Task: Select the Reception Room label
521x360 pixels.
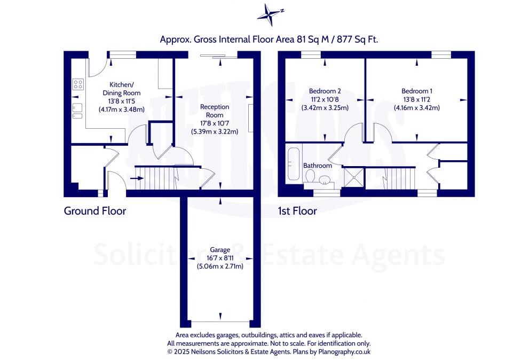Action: pyautogui.click(x=215, y=111)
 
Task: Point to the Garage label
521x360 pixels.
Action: pyautogui.click(x=219, y=249)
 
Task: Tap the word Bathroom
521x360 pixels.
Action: pyautogui.click(x=318, y=166)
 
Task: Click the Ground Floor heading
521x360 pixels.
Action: pyautogui.click(x=95, y=211)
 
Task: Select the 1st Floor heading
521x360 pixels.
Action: pyautogui.click(x=297, y=211)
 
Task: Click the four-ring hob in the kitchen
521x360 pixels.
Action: pyautogui.click(x=78, y=84)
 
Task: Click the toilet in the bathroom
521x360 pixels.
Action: pyautogui.click(x=310, y=184)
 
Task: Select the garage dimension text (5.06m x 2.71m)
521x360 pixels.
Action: pyautogui.click(x=219, y=266)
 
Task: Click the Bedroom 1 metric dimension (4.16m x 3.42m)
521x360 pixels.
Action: pyautogui.click(x=417, y=107)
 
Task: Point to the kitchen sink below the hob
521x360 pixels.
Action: pyautogui.click(x=78, y=109)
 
